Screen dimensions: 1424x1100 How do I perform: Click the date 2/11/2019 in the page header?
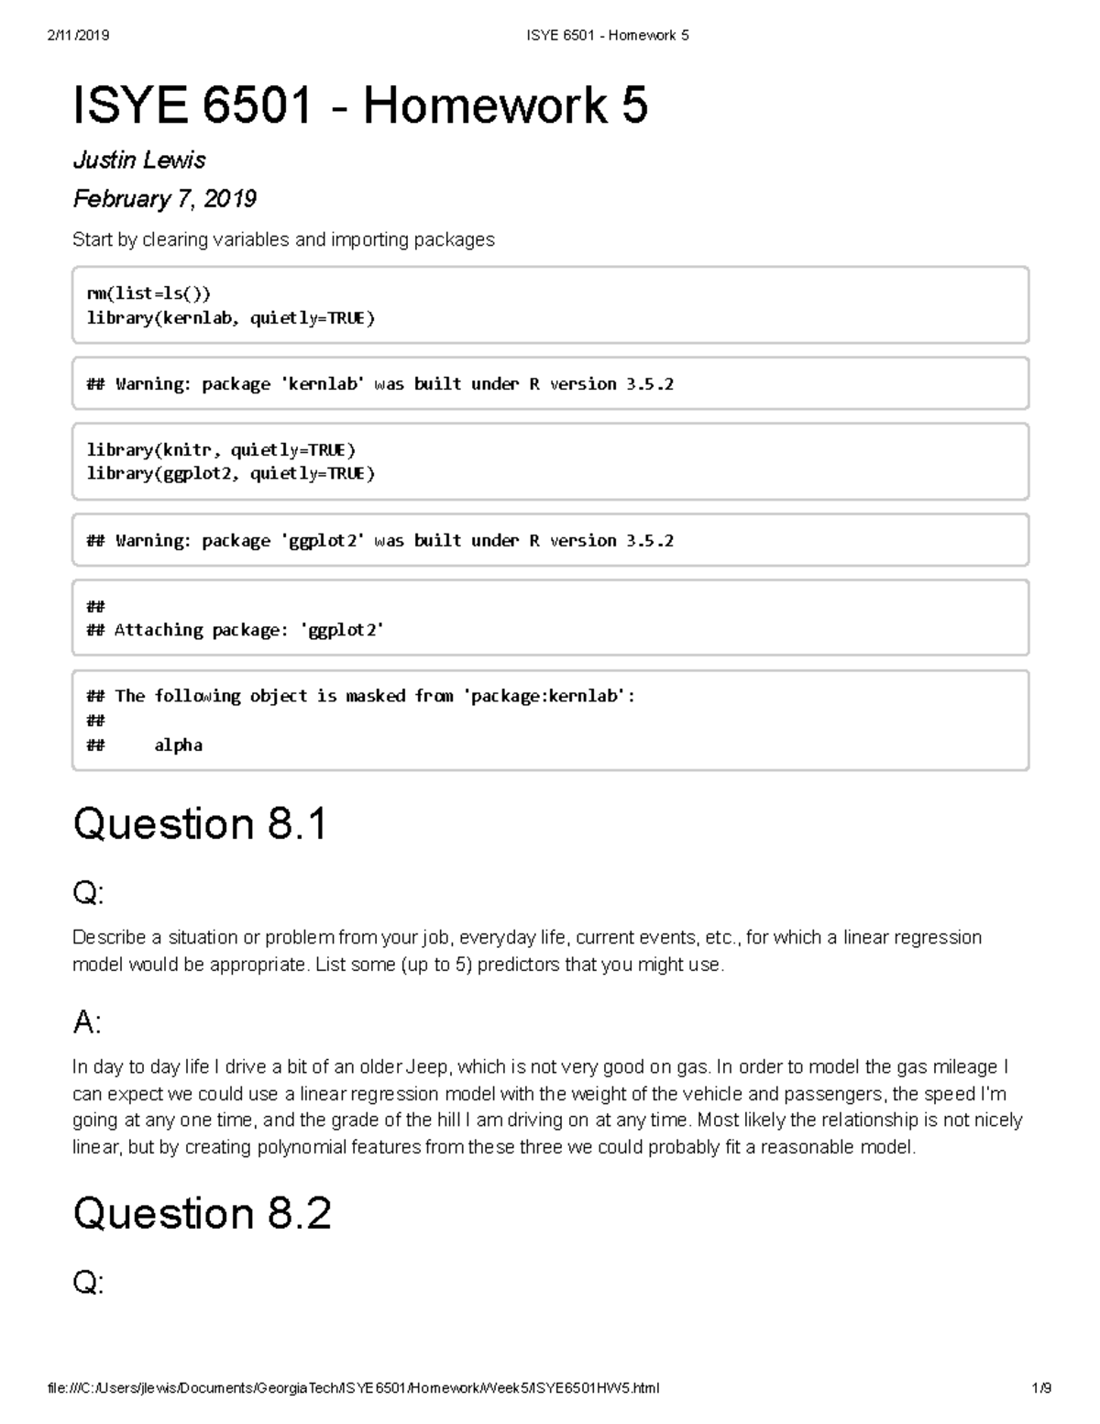pyautogui.click(x=78, y=35)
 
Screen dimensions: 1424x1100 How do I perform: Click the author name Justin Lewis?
pyautogui.click(x=139, y=160)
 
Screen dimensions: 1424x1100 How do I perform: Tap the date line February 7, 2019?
pyautogui.click(x=164, y=199)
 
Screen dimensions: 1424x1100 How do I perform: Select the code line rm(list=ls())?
pyautogui.click(x=148, y=293)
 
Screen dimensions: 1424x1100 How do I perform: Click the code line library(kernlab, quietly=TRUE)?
pyautogui.click(x=230, y=317)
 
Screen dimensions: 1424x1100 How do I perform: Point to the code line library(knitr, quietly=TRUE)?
pyautogui.click(x=220, y=449)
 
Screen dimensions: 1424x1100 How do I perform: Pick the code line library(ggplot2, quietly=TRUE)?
pyautogui.click(x=230, y=473)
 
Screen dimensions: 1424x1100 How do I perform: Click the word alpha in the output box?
pyautogui.click(x=178, y=745)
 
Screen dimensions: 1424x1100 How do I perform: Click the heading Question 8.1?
pyautogui.click(x=200, y=823)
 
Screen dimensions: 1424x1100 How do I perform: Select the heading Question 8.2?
pyautogui.click(x=202, y=1213)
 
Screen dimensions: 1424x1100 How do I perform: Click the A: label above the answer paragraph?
pyautogui.click(x=87, y=1021)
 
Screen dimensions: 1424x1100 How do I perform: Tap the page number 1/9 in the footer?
pyautogui.click(x=1040, y=1388)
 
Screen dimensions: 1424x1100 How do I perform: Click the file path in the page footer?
pyautogui.click(x=353, y=1388)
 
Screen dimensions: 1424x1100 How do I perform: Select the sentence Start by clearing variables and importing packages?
pyautogui.click(x=283, y=239)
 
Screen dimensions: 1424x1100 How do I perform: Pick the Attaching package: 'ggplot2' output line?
pyautogui.click(x=247, y=630)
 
